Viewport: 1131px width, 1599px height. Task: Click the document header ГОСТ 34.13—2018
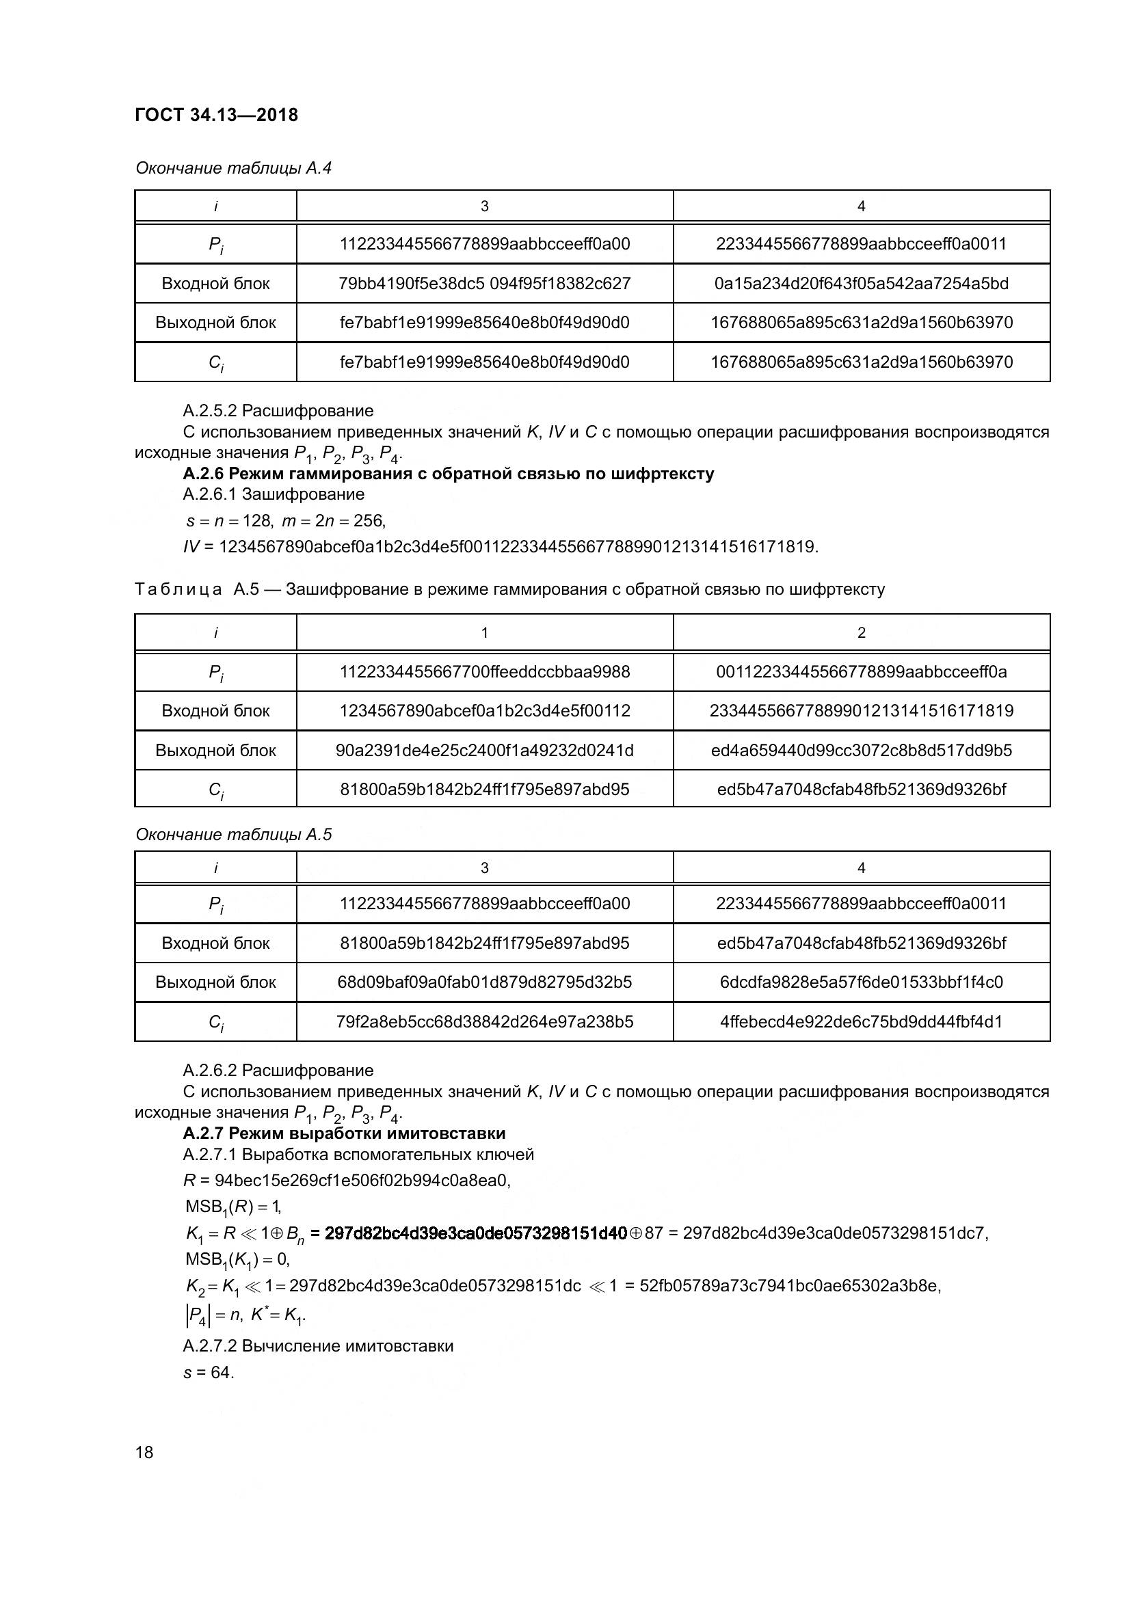point(216,115)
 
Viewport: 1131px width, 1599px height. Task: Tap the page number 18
point(144,1452)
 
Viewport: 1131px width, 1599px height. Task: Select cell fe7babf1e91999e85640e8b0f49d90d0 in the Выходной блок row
point(484,323)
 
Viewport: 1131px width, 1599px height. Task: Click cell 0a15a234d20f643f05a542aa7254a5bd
point(861,284)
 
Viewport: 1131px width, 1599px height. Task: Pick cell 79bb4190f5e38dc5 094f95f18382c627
point(484,284)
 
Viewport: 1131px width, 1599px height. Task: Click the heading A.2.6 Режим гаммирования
point(448,474)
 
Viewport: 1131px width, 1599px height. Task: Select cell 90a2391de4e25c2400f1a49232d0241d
point(484,750)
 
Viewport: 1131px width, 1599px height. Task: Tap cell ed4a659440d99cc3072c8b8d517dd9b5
point(861,750)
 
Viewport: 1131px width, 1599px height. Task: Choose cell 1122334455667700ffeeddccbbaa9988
point(484,671)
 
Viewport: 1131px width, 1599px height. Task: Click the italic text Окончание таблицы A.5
point(233,834)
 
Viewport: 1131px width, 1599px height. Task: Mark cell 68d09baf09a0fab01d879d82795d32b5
point(484,982)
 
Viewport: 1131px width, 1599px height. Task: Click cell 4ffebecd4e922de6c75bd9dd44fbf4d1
point(861,1021)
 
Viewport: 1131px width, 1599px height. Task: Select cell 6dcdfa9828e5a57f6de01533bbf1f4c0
point(861,982)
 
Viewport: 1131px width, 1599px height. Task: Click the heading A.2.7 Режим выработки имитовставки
point(344,1133)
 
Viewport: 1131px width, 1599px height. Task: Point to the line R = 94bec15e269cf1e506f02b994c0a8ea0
point(347,1181)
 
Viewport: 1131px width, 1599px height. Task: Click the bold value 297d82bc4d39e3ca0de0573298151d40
point(476,1233)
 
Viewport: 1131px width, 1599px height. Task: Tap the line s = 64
point(209,1372)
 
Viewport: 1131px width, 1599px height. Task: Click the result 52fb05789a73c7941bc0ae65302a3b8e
point(789,1286)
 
